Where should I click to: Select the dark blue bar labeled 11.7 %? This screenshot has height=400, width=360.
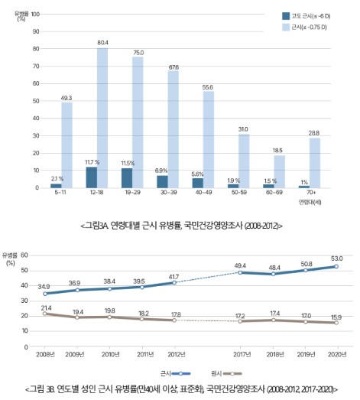click(91, 177)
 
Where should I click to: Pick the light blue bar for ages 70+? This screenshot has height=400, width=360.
click(314, 162)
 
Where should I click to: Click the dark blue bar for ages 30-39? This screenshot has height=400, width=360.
click(162, 181)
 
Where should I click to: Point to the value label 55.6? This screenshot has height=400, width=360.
click(208, 86)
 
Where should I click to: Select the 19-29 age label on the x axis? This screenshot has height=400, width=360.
click(131, 194)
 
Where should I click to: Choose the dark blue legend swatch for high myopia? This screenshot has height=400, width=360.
click(286, 15)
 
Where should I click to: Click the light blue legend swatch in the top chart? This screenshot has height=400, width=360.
click(286, 27)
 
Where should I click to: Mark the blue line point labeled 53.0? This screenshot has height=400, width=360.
click(335, 266)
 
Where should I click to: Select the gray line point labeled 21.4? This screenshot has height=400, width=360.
click(44, 314)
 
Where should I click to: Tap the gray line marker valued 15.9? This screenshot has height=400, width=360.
click(335, 323)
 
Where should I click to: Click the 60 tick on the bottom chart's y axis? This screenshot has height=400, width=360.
click(24, 255)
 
